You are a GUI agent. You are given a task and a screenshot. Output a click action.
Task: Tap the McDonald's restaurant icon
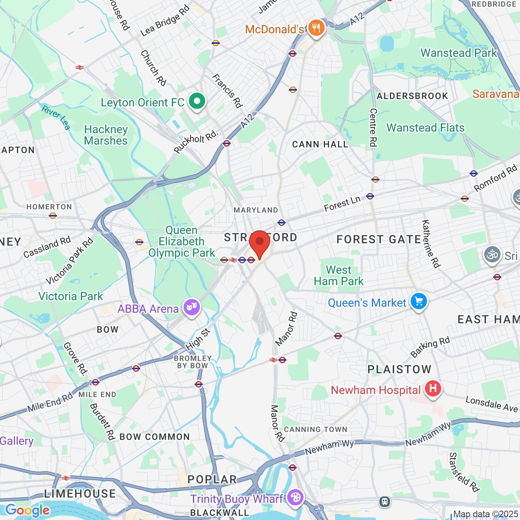click(316, 28)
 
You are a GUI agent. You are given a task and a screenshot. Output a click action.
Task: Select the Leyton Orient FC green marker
click(197, 102)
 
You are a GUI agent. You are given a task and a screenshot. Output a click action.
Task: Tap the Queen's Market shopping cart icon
click(419, 302)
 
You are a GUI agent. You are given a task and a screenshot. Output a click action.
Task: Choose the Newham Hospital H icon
click(433, 389)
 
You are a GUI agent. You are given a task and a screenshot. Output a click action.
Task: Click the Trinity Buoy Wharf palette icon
click(295, 498)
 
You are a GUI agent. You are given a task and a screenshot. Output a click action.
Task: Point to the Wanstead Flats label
click(425, 128)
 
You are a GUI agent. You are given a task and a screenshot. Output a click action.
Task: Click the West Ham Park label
click(338, 275)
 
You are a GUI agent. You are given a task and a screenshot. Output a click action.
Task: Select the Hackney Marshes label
click(106, 135)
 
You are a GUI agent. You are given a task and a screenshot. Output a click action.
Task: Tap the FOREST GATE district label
click(379, 239)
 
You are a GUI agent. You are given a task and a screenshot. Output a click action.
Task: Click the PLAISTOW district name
click(399, 369)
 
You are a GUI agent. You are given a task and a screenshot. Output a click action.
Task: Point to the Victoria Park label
click(71, 296)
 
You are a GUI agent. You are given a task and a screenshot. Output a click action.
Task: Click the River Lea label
click(56, 117)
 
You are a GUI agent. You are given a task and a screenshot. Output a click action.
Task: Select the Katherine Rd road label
click(431, 244)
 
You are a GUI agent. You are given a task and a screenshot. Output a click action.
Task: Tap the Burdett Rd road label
click(102, 421)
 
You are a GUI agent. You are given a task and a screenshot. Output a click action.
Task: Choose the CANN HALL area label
click(320, 145)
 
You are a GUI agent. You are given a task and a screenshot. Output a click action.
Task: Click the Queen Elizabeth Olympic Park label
click(182, 241)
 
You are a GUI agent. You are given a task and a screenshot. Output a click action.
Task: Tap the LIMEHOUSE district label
click(80, 494)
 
